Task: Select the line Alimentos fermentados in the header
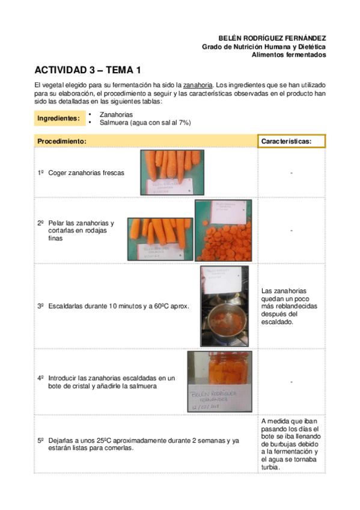(288, 55)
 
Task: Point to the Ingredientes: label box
(59, 118)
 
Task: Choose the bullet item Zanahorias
(116, 114)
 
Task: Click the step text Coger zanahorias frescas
(86, 173)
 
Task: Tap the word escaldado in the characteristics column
(277, 322)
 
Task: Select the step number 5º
(41, 441)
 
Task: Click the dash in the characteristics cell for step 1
(291, 173)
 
